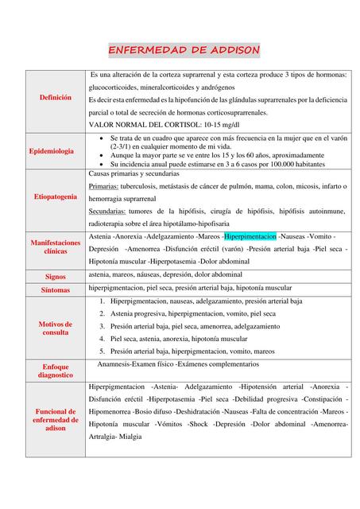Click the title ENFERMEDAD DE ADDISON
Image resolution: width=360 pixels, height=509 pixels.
184,50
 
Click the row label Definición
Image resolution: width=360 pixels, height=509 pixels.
55,97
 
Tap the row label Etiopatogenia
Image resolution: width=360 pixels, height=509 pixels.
55,196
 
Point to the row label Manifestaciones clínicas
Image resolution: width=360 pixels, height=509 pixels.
55,246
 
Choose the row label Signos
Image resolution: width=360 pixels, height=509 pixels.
55,275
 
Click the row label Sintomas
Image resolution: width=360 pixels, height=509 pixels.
55,290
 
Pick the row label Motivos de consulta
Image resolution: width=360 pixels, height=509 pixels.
55,328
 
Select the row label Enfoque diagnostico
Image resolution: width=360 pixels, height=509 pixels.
55,370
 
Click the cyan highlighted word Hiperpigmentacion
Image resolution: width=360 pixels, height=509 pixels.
250,237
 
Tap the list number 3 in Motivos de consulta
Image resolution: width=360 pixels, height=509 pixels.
103,326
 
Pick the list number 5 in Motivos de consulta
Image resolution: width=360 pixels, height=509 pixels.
103,351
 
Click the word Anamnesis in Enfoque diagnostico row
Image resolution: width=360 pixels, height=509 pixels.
116,363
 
